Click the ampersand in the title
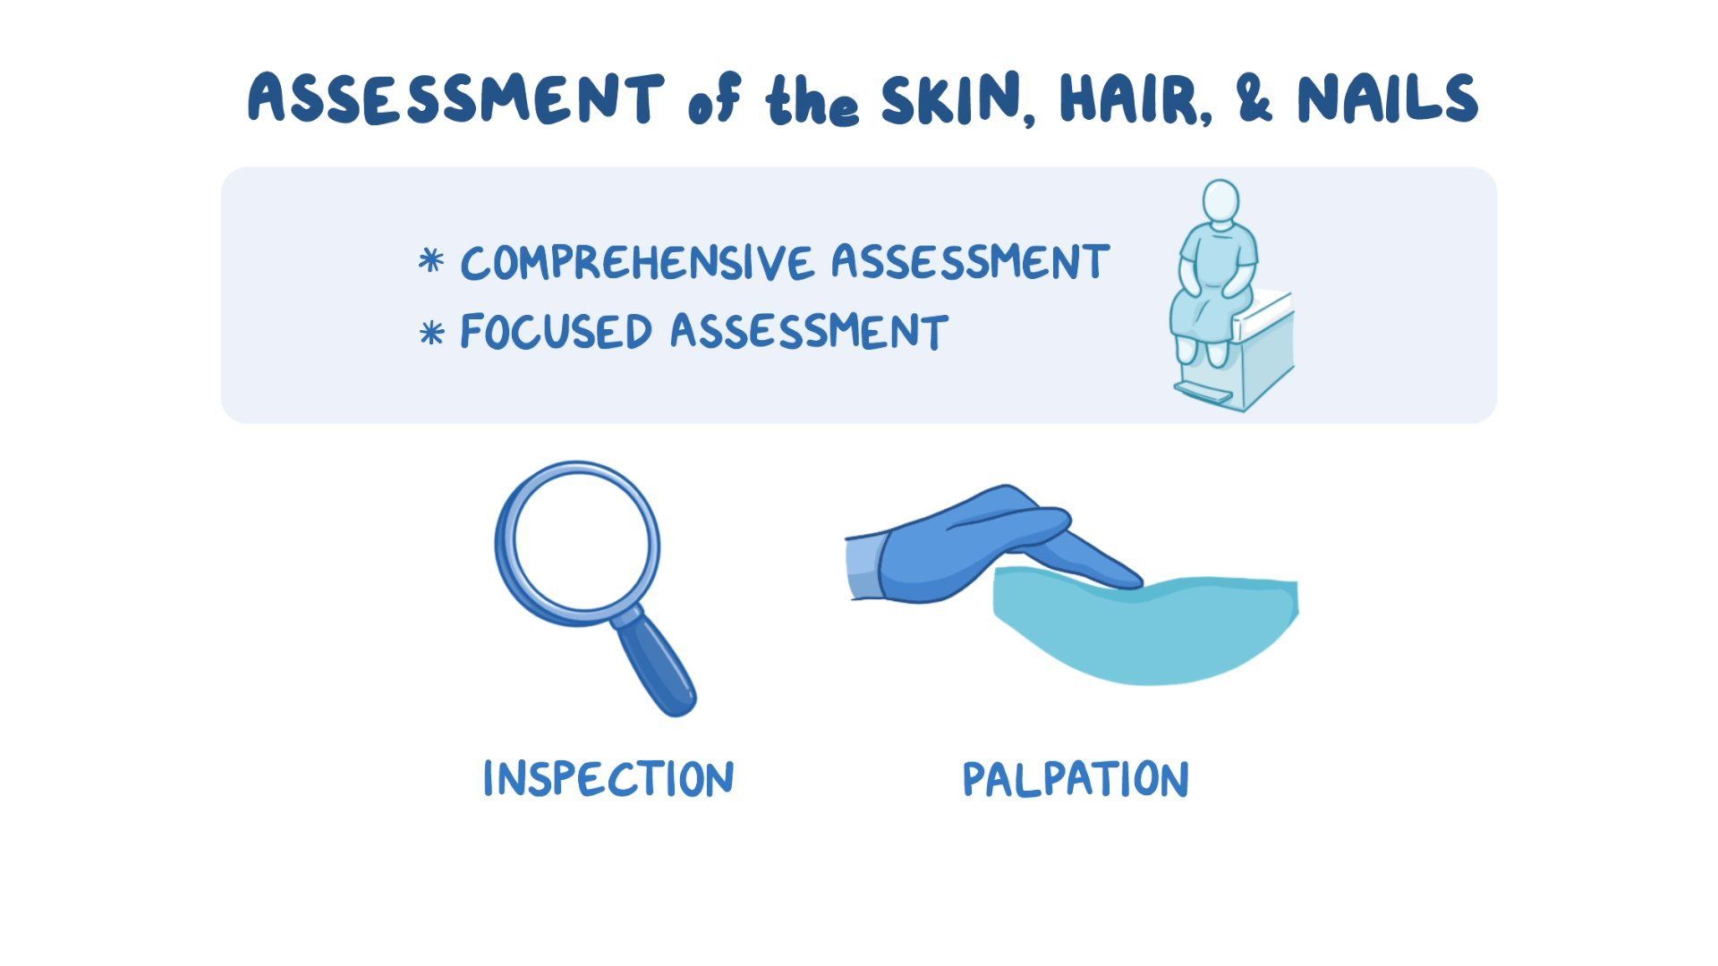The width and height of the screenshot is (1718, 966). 1254,100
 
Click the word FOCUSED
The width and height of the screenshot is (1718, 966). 556,332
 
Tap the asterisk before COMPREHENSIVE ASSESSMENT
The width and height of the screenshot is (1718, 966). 431,262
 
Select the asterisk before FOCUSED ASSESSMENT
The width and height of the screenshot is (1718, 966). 431,333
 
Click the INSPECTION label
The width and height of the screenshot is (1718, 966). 608,778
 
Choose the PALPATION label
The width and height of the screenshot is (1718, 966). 1076,779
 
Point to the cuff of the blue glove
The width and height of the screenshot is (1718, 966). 864,567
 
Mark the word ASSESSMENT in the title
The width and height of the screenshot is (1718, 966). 456,100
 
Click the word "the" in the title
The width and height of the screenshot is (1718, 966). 812,103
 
